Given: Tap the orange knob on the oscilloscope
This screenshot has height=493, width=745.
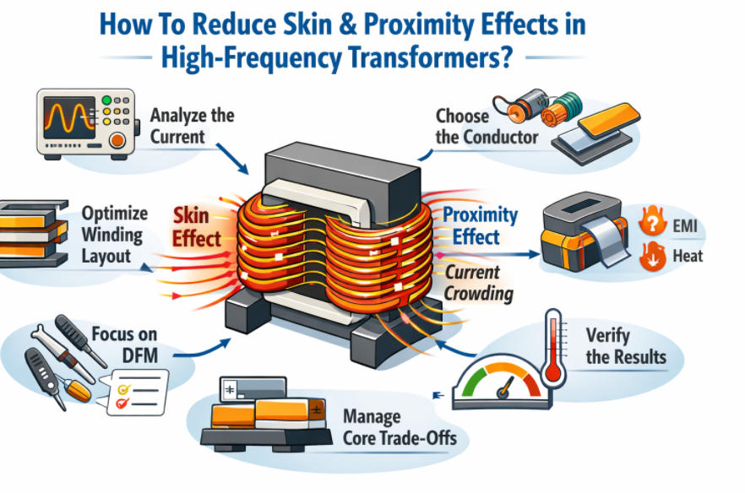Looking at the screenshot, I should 118,141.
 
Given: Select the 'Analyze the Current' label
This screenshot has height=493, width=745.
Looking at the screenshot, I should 191,126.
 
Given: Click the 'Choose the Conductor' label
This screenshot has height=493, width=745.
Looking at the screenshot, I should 487,125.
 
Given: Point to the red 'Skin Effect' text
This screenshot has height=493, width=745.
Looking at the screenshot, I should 196,226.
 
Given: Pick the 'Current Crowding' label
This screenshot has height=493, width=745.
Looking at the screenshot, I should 478,283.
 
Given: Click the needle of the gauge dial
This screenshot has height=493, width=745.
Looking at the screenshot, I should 504,387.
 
